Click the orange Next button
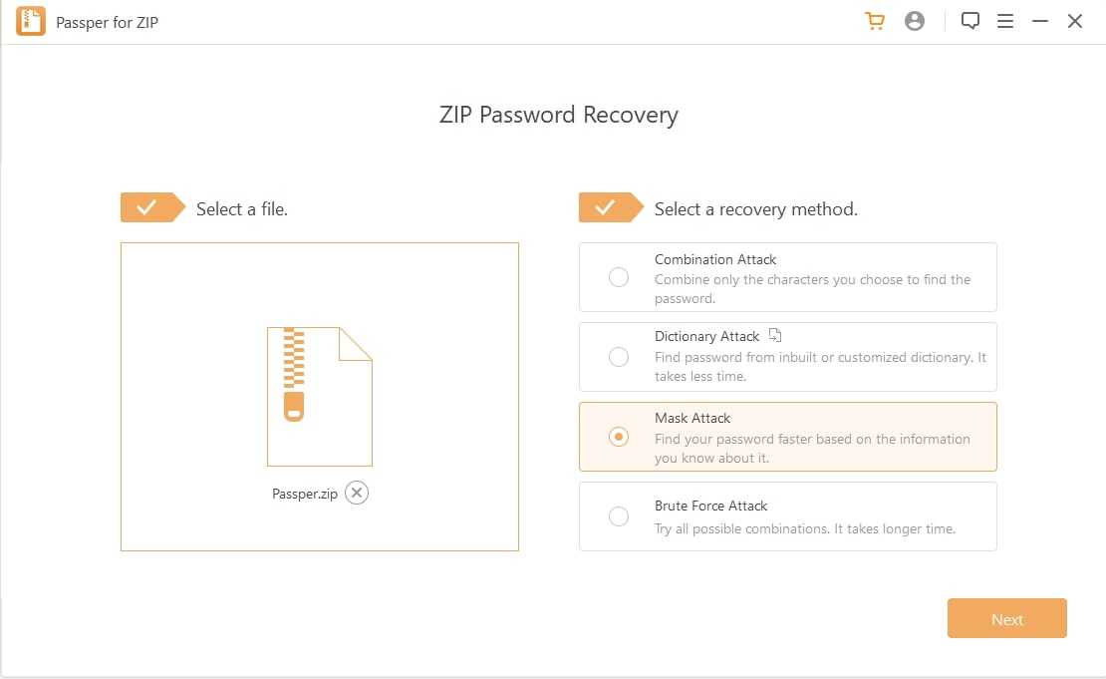click(x=1006, y=618)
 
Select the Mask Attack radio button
click(x=619, y=437)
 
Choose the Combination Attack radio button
click(x=619, y=276)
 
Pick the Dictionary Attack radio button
click(x=619, y=356)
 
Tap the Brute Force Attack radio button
click(x=619, y=515)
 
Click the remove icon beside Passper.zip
click(x=357, y=493)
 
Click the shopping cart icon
click(x=875, y=21)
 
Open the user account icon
click(x=914, y=21)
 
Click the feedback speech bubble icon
click(x=969, y=21)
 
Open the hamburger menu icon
click(x=1005, y=21)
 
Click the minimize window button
click(x=1039, y=21)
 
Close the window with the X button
click(x=1075, y=21)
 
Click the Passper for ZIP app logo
click(x=31, y=21)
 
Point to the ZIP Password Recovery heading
click(x=559, y=115)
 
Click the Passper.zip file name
click(x=305, y=494)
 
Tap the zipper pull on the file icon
click(x=294, y=407)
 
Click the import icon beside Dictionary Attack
click(x=775, y=335)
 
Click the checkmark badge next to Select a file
click(x=152, y=207)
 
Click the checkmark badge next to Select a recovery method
click(x=611, y=207)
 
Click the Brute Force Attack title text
click(x=710, y=506)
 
